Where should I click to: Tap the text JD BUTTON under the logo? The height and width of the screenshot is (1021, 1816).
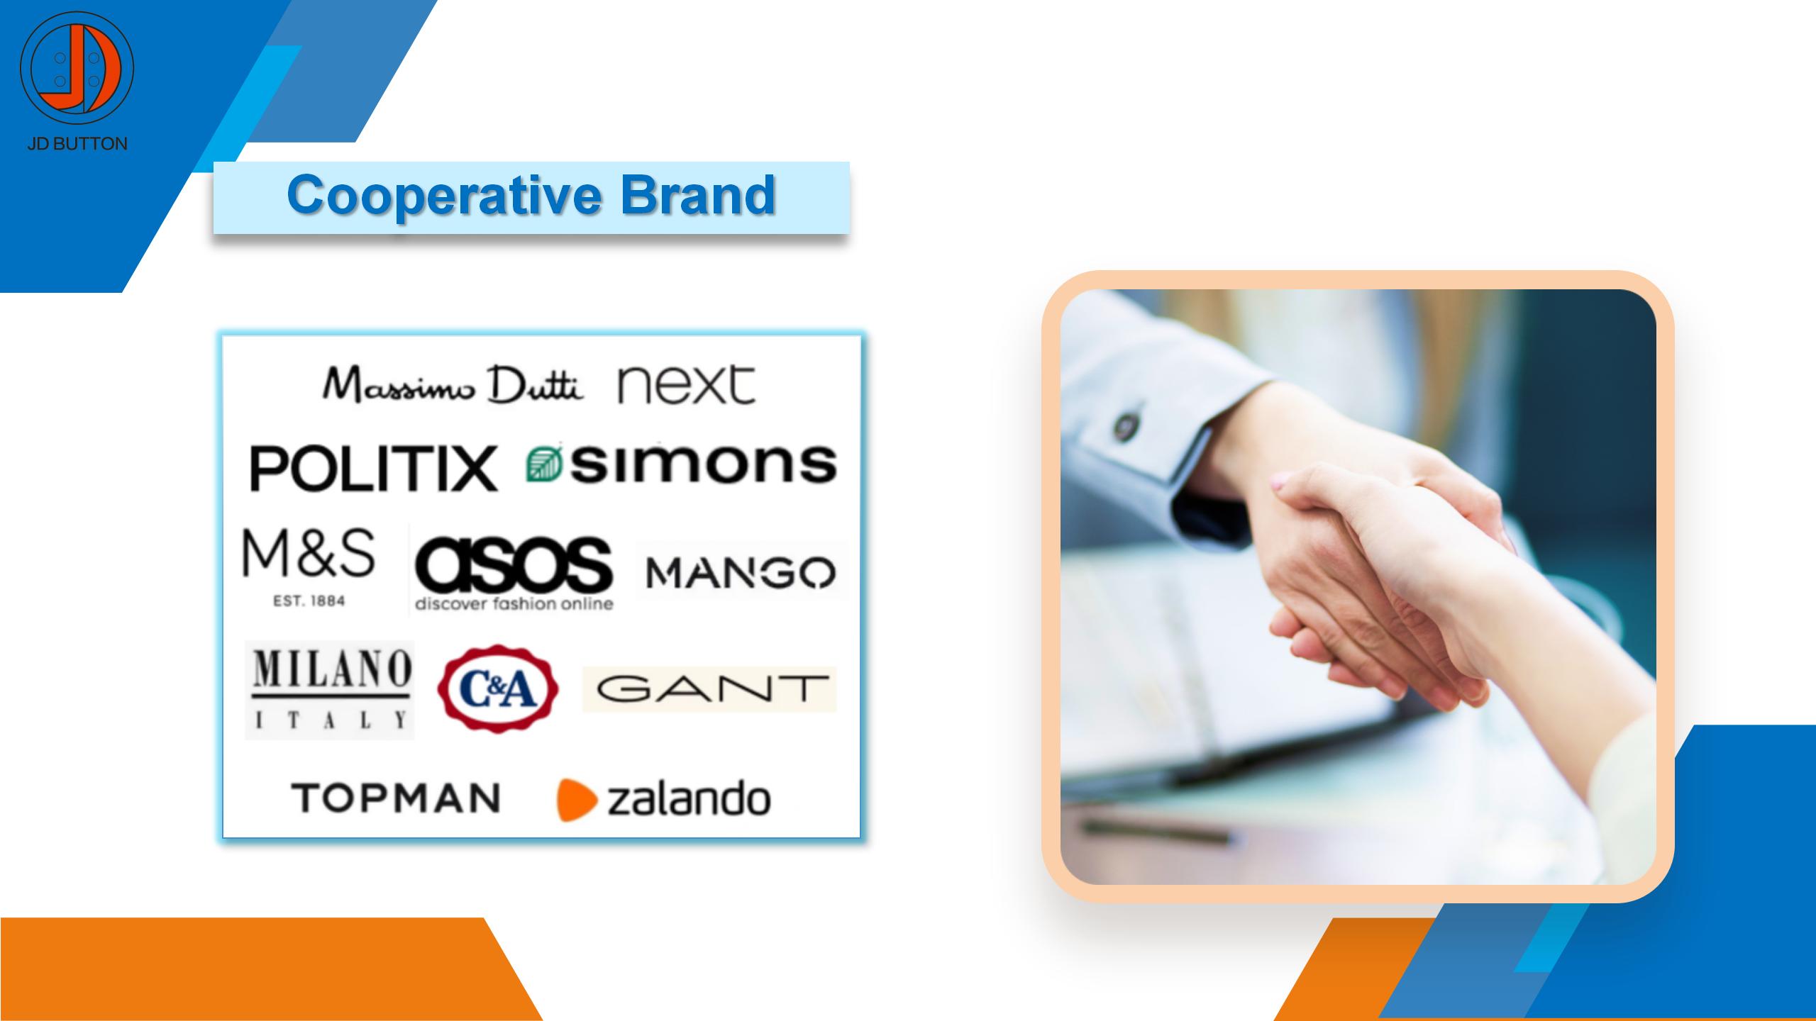[77, 144]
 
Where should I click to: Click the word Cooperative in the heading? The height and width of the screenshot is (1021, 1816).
[444, 194]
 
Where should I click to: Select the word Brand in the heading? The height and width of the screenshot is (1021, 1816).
[698, 194]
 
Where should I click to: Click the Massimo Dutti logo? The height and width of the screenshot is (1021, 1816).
[453, 386]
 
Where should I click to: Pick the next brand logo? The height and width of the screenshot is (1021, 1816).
[687, 385]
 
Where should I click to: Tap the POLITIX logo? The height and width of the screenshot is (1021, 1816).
[374, 468]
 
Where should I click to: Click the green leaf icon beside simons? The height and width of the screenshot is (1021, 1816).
[545, 465]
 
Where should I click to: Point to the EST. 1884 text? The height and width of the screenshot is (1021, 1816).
[309, 601]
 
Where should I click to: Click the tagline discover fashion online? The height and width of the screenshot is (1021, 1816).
[514, 604]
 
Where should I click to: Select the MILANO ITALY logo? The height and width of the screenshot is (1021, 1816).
[330, 690]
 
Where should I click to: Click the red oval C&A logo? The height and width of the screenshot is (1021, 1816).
[498, 688]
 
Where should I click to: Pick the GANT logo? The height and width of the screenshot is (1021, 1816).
[710, 688]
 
